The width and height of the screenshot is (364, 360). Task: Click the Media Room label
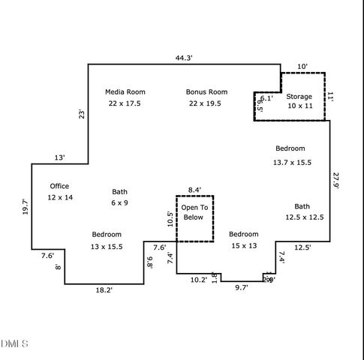tap(124, 91)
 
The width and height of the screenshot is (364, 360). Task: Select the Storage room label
tap(299, 97)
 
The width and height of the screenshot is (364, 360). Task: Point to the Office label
tap(59, 186)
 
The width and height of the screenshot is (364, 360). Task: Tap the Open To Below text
tap(194, 211)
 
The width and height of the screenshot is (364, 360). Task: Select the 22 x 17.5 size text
tap(124, 103)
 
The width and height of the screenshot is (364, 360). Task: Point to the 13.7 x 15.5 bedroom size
tap(291, 162)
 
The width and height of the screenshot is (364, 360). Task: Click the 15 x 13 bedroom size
tap(243, 246)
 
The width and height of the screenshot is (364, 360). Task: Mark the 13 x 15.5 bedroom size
tap(107, 246)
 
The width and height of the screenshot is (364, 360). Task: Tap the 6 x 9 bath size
tap(119, 202)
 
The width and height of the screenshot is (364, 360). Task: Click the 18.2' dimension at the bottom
tap(104, 290)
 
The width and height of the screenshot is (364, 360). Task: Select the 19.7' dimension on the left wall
tap(26, 208)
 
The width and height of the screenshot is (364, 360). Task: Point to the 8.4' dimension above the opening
tap(194, 190)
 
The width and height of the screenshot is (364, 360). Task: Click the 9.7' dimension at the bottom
tap(242, 287)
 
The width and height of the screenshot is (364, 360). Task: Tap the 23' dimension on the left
tap(82, 114)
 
